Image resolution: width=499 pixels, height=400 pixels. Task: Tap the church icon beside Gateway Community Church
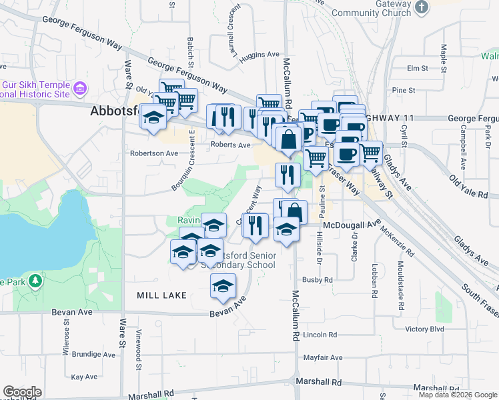pyautogui.click(x=421, y=7)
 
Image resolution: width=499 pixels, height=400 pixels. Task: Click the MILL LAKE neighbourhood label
pyautogui.click(x=161, y=295)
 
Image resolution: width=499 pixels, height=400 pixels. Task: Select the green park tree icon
pyautogui.click(x=36, y=281)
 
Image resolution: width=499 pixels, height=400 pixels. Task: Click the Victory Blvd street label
pyautogui.click(x=424, y=329)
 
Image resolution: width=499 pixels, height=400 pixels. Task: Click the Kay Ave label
pyautogui.click(x=85, y=377)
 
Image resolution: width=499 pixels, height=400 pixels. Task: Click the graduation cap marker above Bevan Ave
pyautogui.click(x=223, y=287)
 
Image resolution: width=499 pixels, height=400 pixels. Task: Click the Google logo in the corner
pyautogui.click(x=22, y=391)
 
